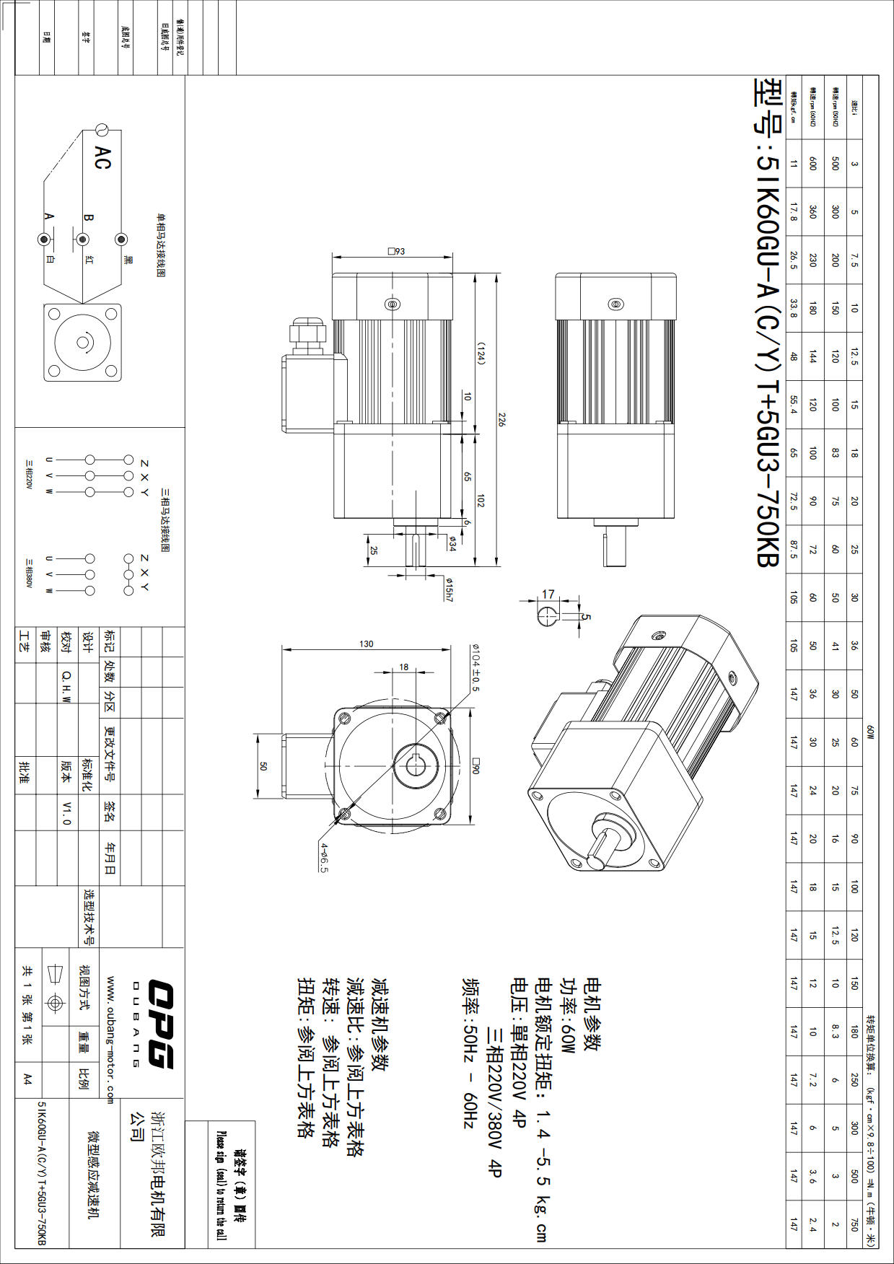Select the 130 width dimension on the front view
click(367, 644)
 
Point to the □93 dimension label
click(397, 251)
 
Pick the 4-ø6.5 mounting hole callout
click(324, 857)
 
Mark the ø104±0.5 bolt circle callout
click(476, 667)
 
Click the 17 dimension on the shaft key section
click(548, 594)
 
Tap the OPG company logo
click(160, 1023)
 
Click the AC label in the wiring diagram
click(102, 157)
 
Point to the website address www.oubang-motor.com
click(110, 1040)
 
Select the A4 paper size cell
click(27, 1079)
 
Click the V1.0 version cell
click(66, 812)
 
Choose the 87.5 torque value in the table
click(793, 550)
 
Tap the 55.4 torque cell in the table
click(793, 405)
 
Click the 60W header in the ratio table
click(870, 732)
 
